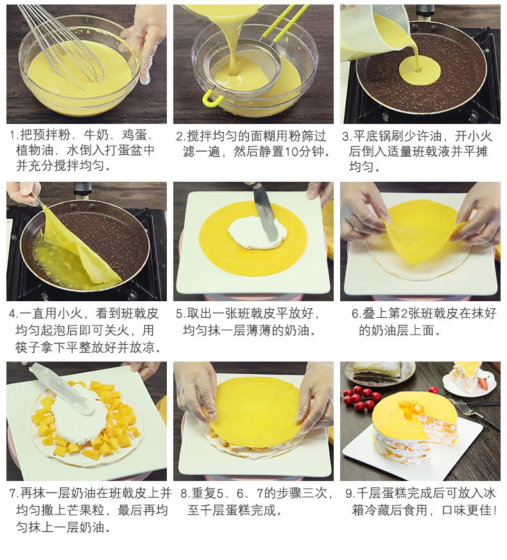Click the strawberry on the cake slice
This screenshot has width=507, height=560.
coord(483,383)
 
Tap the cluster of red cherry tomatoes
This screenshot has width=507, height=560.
coord(361,396)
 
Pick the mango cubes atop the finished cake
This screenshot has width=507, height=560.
coord(410,408)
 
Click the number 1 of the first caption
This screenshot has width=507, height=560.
coord(13,136)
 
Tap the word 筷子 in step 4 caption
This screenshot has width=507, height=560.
coord(28,347)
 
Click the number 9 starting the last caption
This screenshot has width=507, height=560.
coord(348,494)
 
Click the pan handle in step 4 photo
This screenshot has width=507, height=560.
coord(83,190)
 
